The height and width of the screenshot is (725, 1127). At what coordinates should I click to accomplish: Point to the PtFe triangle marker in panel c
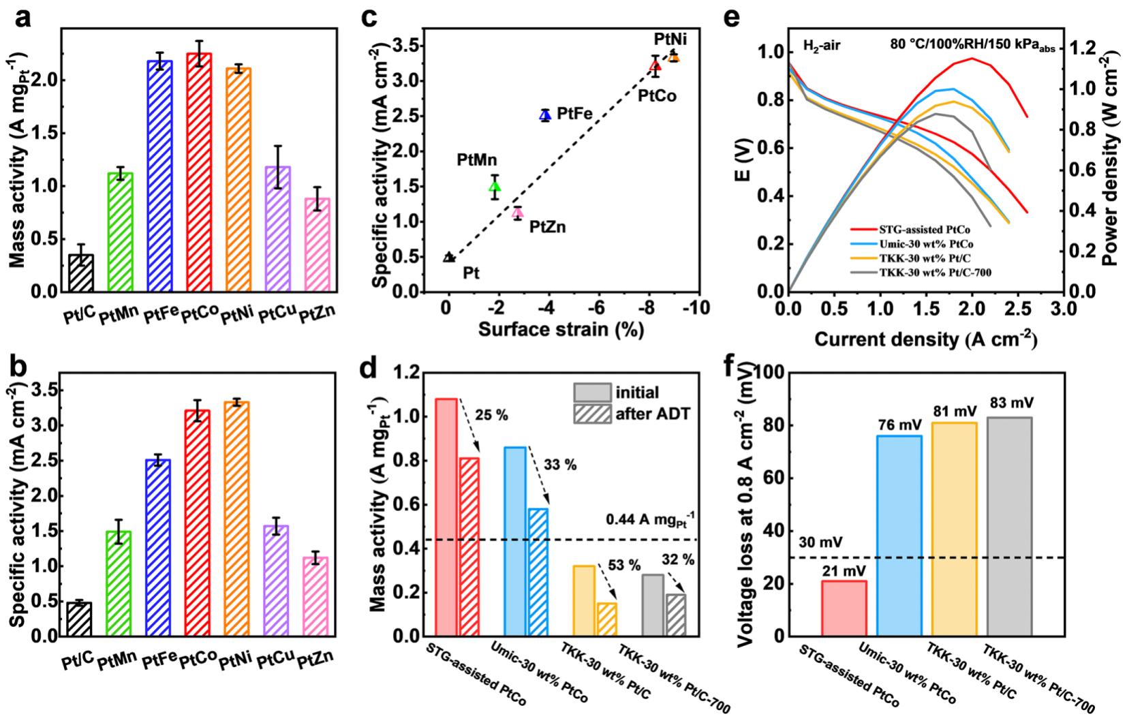click(x=545, y=115)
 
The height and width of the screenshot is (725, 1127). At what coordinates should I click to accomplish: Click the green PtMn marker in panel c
click(x=495, y=187)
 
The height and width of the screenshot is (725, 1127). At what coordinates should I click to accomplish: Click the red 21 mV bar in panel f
click(x=844, y=608)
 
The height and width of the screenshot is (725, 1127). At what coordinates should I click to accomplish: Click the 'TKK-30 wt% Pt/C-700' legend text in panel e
click(x=934, y=273)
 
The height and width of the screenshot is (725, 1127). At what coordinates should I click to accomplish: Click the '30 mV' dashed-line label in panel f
click(x=820, y=543)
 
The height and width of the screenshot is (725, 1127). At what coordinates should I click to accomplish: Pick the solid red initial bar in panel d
click(x=446, y=517)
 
